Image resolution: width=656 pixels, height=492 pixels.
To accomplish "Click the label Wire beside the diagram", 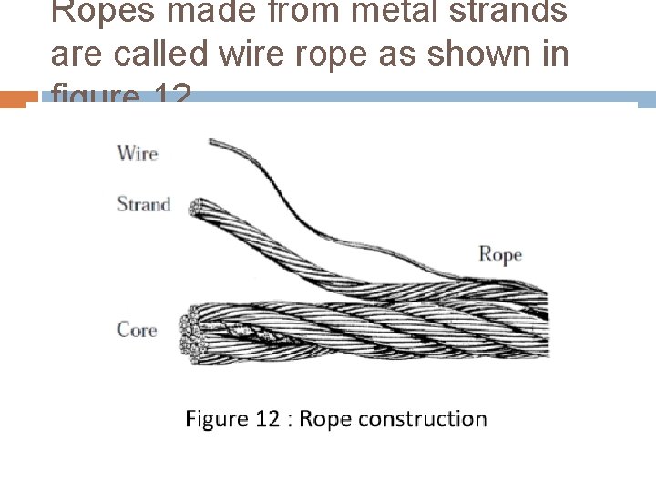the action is pos(137,153).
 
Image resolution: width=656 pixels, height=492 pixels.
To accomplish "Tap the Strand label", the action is pos(143,203).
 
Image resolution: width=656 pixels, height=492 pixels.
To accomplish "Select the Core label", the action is pos(137,329).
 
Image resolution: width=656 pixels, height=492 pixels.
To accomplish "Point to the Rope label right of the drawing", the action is pos(500,254).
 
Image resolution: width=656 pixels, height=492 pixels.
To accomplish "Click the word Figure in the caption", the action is pos(217,419).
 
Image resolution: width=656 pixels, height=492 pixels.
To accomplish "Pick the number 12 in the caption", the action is pos(267,419).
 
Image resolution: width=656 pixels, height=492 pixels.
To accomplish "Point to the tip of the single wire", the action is pos(212,141).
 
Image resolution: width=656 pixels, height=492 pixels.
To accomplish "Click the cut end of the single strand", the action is pos(194,208).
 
